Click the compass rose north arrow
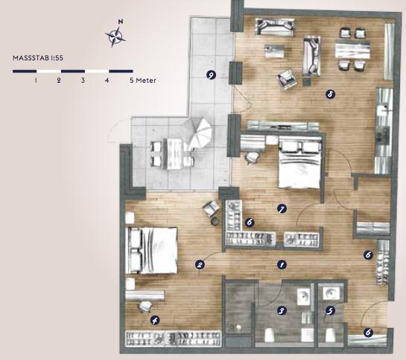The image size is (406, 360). coord(115,34)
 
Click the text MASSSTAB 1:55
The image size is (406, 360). coord(38,57)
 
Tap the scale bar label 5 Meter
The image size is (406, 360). coord(143,80)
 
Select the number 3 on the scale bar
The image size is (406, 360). coord(83,80)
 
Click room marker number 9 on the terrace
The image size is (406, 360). coord(212,75)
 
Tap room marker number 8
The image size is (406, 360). coord(330,94)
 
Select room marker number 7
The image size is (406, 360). coord(282,209)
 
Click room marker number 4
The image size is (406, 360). coord(155,320)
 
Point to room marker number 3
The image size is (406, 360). coord(282,310)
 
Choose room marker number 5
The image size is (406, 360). coord(330,310)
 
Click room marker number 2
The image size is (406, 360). coord(200,265)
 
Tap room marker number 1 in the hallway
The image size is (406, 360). coord(282,265)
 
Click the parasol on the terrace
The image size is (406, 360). coord(199,133)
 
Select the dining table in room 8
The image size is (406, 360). coord(352,51)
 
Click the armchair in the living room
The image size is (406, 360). coord(286,79)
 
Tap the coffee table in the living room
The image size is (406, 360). coord(274,51)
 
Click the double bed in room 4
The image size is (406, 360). coord(151,250)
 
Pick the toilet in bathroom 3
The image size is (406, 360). coord(270,335)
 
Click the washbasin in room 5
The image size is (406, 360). coord(330,293)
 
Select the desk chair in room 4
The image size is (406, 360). coord(145,306)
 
